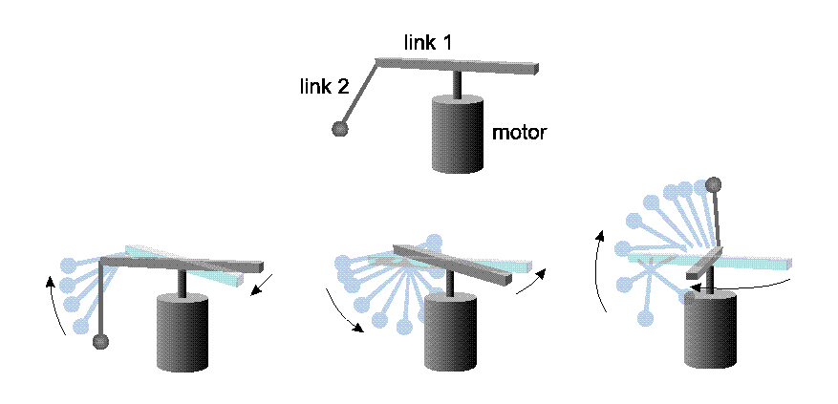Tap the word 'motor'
tap(519, 133)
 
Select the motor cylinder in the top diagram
tap(457, 136)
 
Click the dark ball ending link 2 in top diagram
tap(339, 129)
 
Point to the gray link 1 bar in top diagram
tap(459, 66)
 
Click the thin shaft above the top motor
tap(457, 85)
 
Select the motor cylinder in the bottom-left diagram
tap(182, 333)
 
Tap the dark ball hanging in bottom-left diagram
tap(100, 341)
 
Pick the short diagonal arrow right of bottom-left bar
tap(260, 285)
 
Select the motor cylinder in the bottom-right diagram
tap(711, 329)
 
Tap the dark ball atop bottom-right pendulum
tap(712, 183)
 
